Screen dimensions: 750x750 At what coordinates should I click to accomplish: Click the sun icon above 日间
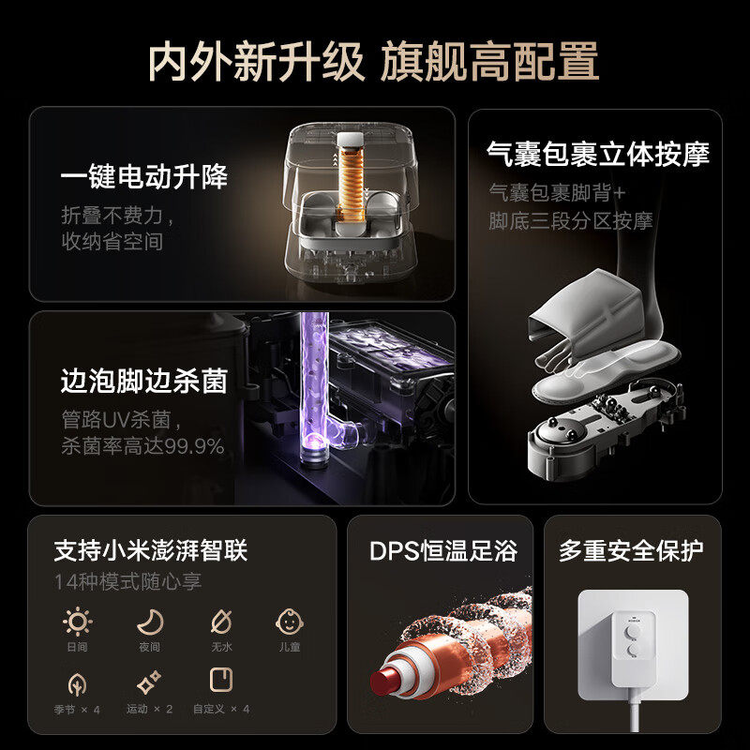(x=77, y=622)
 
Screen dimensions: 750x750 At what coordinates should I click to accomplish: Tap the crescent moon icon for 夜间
(x=149, y=622)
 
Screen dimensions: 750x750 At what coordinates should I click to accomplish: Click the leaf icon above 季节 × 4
(x=77, y=682)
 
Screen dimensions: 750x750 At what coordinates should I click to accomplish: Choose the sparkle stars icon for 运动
(x=149, y=682)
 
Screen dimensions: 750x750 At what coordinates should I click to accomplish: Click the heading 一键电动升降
(x=144, y=176)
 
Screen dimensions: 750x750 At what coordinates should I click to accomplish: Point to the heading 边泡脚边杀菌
(x=144, y=381)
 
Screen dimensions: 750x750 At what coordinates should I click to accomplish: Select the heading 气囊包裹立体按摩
(x=597, y=154)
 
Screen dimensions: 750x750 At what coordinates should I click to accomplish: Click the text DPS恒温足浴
(x=442, y=550)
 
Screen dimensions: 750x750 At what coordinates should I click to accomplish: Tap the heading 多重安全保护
(x=631, y=550)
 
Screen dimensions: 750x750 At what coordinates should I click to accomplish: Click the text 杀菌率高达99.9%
(x=142, y=446)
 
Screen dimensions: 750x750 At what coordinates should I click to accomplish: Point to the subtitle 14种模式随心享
(x=127, y=581)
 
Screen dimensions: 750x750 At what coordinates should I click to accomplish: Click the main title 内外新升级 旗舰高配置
(x=374, y=62)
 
